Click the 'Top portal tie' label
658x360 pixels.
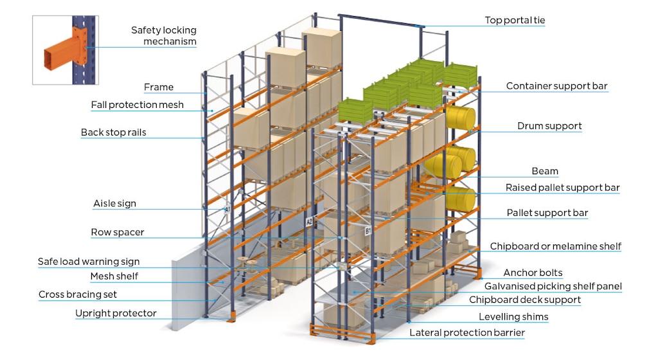point(515,21)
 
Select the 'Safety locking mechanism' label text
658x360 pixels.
point(164,36)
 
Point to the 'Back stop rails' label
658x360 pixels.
point(114,132)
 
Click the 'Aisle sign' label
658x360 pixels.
point(114,204)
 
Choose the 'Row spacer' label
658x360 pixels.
point(118,232)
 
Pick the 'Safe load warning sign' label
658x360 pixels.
point(89,262)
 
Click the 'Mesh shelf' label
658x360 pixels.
point(114,276)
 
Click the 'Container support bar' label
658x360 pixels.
point(556,86)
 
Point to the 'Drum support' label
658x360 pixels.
point(549,126)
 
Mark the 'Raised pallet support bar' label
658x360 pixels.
point(562,188)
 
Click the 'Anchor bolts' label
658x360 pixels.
point(533,273)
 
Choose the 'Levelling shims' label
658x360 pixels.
point(513,316)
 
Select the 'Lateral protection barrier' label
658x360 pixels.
point(467,332)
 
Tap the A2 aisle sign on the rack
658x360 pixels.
point(309,222)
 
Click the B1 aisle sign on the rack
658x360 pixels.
point(368,230)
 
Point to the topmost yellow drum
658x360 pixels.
point(461,118)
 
